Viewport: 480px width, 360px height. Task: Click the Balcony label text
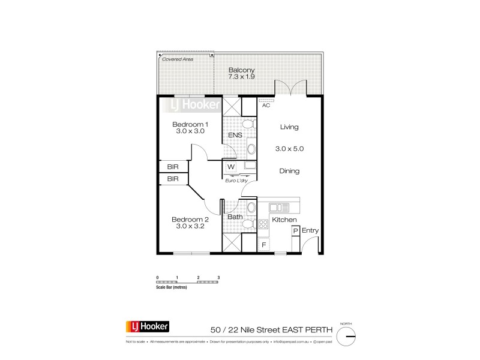pyautogui.click(x=239, y=70)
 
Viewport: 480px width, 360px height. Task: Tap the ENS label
pyautogui.click(x=235, y=136)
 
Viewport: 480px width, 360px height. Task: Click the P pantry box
pyautogui.click(x=295, y=230)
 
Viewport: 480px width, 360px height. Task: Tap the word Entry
pyautogui.click(x=310, y=230)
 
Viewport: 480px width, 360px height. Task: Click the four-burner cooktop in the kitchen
pyautogui.click(x=263, y=224)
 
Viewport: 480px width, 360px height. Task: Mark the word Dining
pyautogui.click(x=289, y=171)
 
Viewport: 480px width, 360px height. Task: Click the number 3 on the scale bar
pyautogui.click(x=219, y=277)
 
